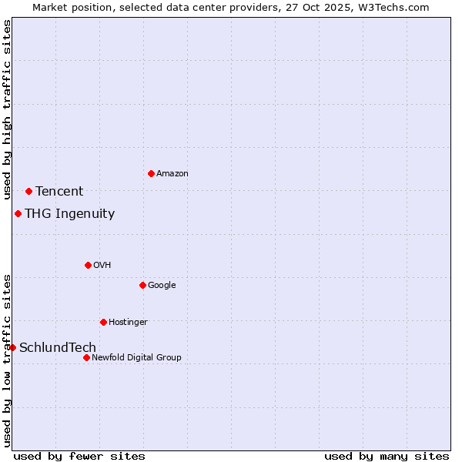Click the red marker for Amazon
pyautogui.click(x=151, y=173)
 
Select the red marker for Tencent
pyautogui.click(x=28, y=191)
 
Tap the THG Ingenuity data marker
pyautogui.click(x=18, y=213)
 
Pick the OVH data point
pyautogui.click(x=88, y=265)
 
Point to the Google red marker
pyautogui.click(x=142, y=285)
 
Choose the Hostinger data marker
pyautogui.click(x=103, y=322)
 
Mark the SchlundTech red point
pyautogui.click(x=12, y=347)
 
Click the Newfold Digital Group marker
pyautogui.click(x=86, y=357)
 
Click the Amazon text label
pyautogui.click(x=172, y=174)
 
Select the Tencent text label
pyautogui.click(x=59, y=192)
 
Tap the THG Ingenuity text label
pyautogui.click(x=69, y=214)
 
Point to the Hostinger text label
pyautogui.click(x=128, y=322)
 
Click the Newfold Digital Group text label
pyautogui.click(x=136, y=357)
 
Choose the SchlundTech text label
pyautogui.click(x=58, y=348)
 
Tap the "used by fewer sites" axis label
pyautogui.click(x=79, y=456)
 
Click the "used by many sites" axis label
pyautogui.click(x=387, y=456)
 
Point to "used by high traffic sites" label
pyautogui.click(x=7, y=110)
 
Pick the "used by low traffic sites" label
pyautogui.click(x=7, y=360)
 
